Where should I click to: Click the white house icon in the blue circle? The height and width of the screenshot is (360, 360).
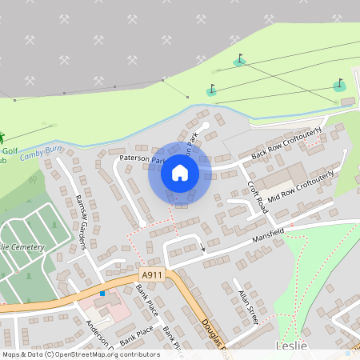click(x=179, y=172)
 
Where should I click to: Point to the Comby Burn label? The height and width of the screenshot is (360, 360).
click(x=42, y=150)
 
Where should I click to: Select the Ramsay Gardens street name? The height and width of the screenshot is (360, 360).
click(x=80, y=221)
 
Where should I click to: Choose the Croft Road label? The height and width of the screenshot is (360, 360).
click(x=256, y=196)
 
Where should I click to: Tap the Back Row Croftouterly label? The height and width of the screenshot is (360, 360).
click(x=286, y=142)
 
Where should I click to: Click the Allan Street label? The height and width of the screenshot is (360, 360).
click(x=246, y=302)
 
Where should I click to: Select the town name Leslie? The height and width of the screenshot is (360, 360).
click(x=291, y=345)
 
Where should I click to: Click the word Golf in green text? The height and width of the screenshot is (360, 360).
click(x=10, y=150)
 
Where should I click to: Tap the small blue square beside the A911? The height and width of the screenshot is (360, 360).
click(x=102, y=293)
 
